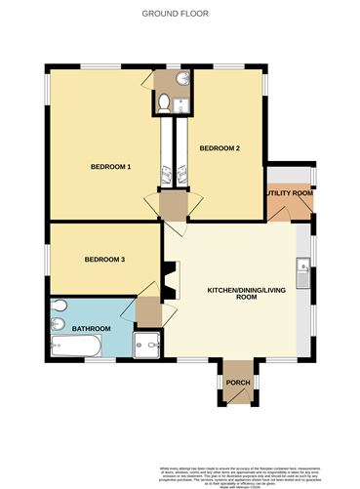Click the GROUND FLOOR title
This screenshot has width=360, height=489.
(179, 13)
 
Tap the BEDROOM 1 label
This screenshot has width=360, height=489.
(111, 166)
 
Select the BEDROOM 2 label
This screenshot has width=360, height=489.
(220, 147)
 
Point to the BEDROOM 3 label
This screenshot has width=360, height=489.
(104, 259)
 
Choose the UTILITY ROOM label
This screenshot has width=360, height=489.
(290, 193)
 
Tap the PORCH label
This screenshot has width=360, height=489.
(238, 382)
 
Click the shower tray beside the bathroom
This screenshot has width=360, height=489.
(147, 343)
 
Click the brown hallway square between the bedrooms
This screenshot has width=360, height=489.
(173, 205)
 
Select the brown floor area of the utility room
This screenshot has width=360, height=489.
(289, 206)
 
